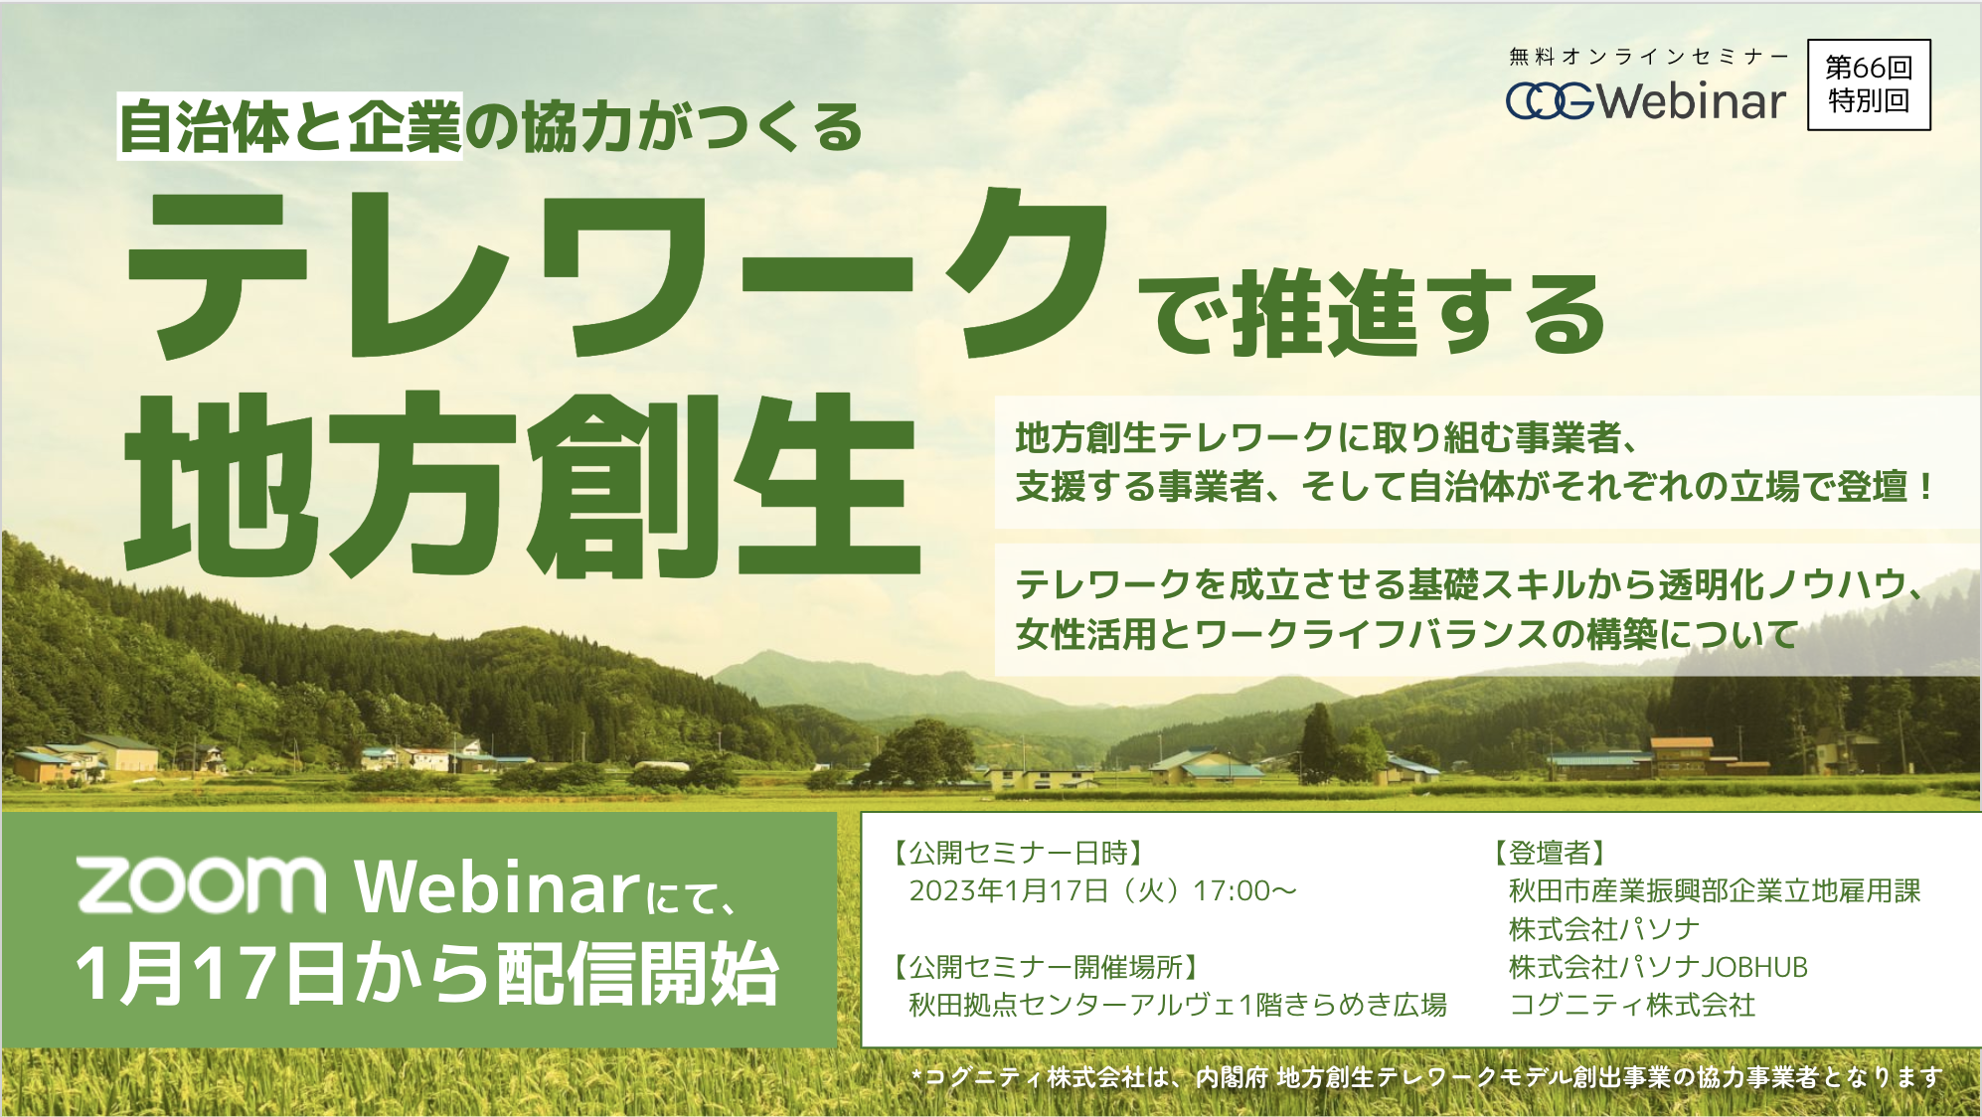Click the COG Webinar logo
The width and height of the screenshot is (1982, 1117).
(x=1646, y=100)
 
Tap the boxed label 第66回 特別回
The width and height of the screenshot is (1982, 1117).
(x=1869, y=84)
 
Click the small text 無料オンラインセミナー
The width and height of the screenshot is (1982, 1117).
(x=1648, y=57)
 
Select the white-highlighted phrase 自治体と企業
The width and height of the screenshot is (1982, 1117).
(x=290, y=126)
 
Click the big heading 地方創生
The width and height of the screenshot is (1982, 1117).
(x=522, y=485)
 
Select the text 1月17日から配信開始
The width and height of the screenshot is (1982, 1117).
(x=427, y=973)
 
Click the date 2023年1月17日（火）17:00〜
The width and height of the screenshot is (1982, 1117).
(x=1103, y=890)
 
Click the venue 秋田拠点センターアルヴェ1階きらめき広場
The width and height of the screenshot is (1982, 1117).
(x=1178, y=1005)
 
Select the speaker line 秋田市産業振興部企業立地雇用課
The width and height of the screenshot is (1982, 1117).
(x=1715, y=890)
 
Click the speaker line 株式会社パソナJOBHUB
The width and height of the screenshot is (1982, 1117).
(x=1658, y=967)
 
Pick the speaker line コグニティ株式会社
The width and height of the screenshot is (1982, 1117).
(x=1632, y=1005)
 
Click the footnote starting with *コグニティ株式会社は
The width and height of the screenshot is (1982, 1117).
(x=1427, y=1077)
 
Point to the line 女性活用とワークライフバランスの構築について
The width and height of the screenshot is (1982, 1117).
(x=1407, y=634)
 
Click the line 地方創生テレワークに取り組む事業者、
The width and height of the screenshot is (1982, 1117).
(x=1326, y=437)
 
